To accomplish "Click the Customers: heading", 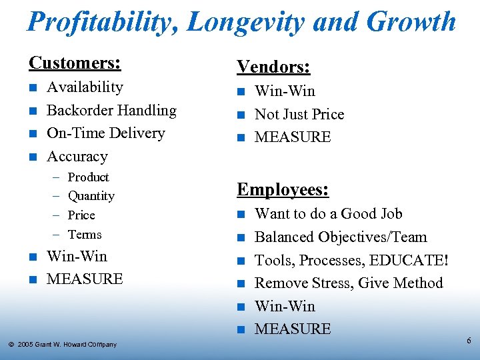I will (75, 63).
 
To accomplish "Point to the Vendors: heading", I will (273, 67).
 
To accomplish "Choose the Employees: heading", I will (283, 190).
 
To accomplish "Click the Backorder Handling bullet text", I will (111, 111).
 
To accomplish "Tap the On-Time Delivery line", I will (105, 133).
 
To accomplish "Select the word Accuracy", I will (77, 157).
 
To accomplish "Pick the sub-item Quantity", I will (91, 196).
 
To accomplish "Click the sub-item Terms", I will (85, 235).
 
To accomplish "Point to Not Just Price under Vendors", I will (299, 115).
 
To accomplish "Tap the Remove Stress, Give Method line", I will (349, 283).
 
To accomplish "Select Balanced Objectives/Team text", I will (341, 237).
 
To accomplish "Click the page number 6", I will (469, 341).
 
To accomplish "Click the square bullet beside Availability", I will (32, 88).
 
